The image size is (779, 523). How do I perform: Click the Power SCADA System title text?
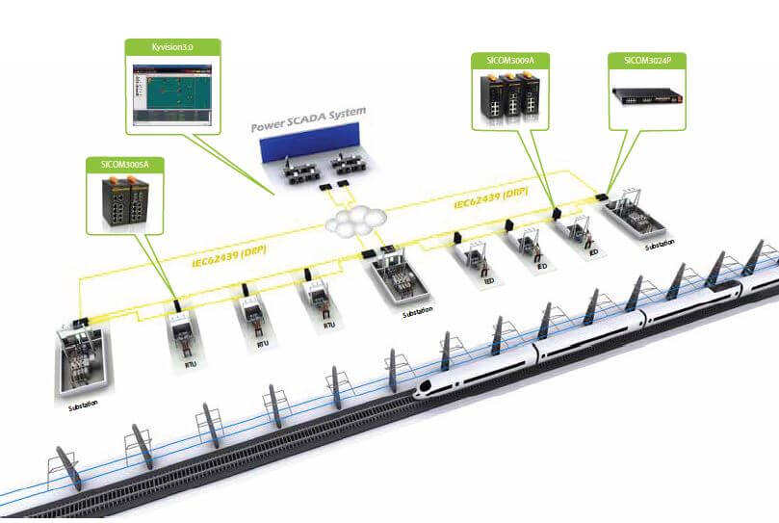(308, 120)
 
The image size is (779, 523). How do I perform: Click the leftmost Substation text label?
(83, 406)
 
